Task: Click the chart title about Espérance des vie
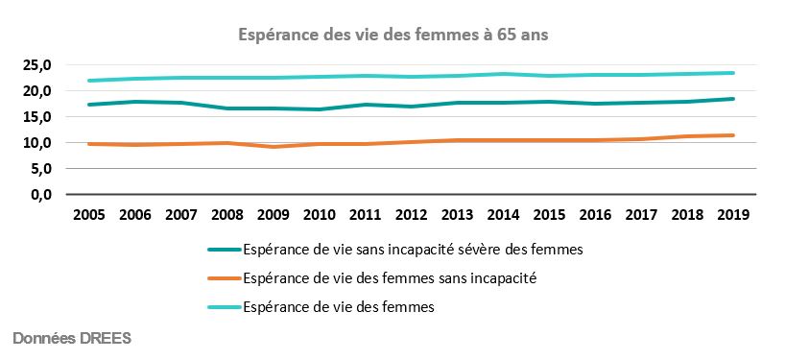392,35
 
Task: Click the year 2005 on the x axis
89,214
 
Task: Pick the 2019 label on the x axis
732,214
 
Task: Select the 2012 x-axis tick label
411,214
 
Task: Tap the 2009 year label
273,214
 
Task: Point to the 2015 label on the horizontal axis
548,214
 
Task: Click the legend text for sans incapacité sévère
414,250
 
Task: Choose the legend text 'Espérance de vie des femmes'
340,308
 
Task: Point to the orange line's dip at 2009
273,147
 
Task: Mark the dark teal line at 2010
319,109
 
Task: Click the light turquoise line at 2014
502,74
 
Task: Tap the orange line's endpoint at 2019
732,135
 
